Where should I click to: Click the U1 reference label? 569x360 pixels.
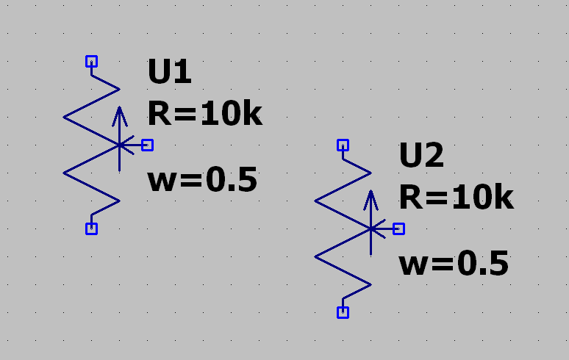point(170,73)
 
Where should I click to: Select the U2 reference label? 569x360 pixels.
point(421,156)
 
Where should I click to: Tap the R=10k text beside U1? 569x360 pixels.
point(204,114)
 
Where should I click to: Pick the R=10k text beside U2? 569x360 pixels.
point(456,198)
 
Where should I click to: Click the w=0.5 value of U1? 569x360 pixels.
point(202,181)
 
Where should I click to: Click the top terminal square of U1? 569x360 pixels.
point(91,61)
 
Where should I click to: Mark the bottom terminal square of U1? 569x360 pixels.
point(91,228)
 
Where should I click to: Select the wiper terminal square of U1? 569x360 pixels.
point(147,145)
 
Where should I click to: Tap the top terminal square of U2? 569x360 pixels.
point(343,145)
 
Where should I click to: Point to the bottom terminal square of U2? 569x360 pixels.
point(343,312)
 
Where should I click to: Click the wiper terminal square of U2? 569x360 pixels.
point(398,228)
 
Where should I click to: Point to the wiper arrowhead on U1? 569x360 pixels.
point(119,113)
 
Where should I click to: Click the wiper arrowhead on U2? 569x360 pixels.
point(371,197)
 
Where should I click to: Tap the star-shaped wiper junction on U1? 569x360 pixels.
point(119,145)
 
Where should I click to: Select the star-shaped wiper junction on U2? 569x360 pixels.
point(371,228)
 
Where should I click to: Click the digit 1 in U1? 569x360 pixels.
point(182,73)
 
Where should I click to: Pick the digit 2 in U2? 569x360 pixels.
point(434,156)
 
